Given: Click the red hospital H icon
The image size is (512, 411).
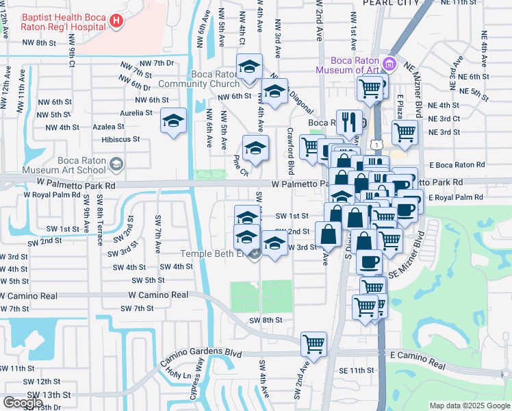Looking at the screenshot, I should click(116, 22).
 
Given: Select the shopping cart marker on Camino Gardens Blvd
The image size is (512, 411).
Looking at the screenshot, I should click(313, 343).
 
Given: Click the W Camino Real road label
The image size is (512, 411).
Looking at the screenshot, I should click(157, 295).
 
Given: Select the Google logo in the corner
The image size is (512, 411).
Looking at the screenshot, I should click(23, 403).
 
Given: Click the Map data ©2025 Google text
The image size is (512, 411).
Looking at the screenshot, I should click(470, 406).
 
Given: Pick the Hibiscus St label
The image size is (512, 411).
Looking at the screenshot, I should click(120, 138).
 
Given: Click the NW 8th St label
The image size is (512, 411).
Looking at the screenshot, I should click(38, 42).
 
